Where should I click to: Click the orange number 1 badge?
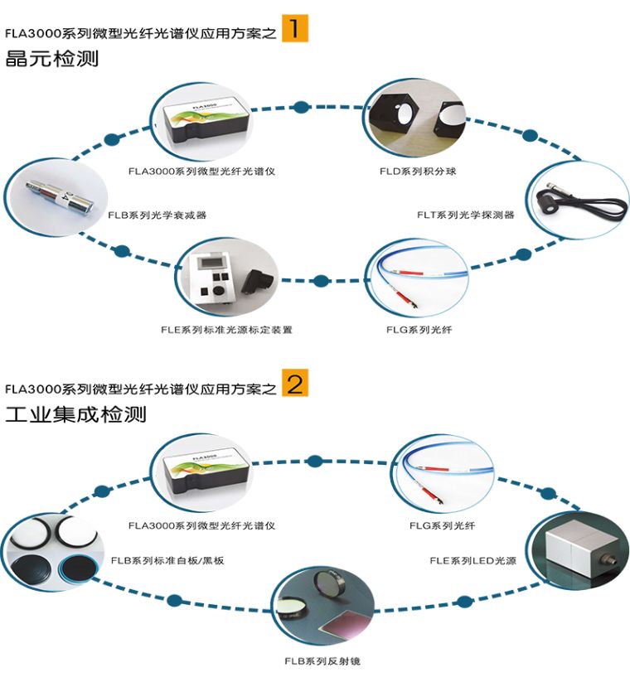pos(294,29)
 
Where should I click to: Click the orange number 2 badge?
pos(294,384)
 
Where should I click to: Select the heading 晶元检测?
pos(51,60)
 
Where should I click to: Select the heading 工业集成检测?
pos(75,414)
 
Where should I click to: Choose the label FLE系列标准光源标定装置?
pos(226,329)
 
